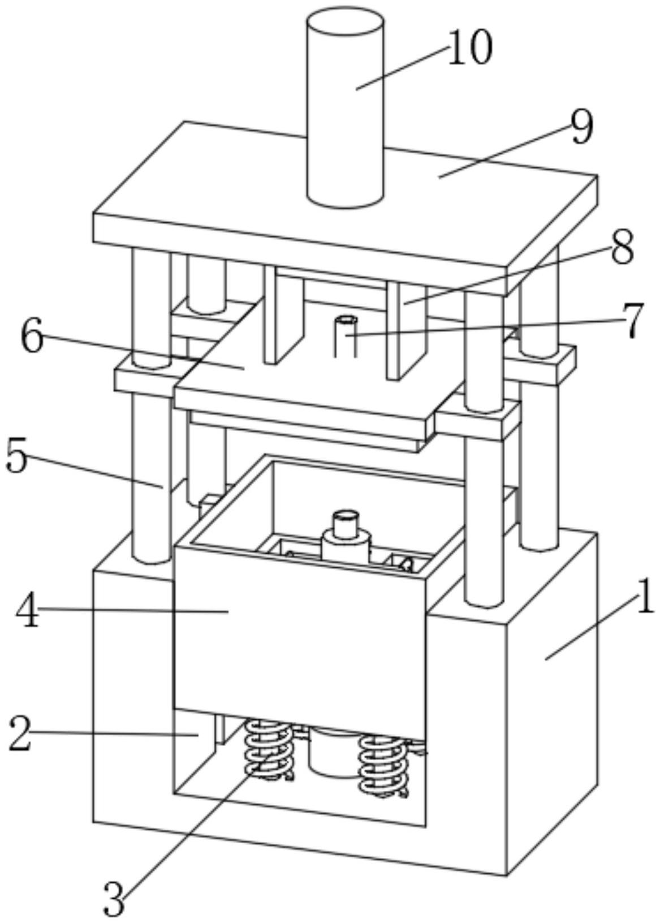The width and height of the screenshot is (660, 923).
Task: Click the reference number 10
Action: click(470, 48)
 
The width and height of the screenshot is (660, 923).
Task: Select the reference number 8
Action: click(622, 249)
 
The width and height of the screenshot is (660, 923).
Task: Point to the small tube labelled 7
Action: click(346, 337)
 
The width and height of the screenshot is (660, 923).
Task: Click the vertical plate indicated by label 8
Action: click(406, 330)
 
